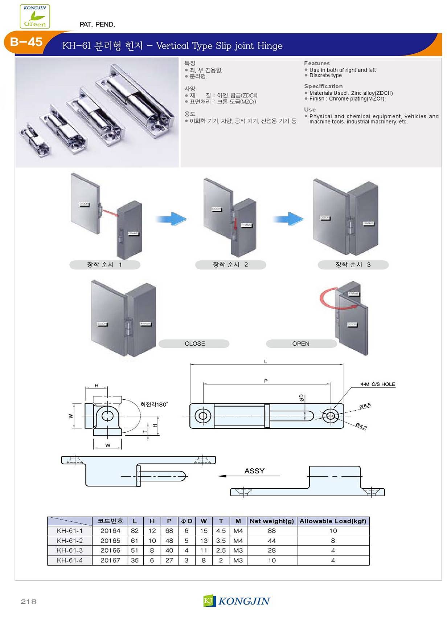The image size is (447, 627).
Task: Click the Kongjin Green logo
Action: [35, 16]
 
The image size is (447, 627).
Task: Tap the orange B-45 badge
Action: [26, 42]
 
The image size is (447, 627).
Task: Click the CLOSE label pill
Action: [194, 343]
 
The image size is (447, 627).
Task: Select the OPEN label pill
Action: [301, 343]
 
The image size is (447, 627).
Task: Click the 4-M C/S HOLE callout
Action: [377, 384]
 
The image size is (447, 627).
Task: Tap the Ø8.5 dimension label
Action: [365, 406]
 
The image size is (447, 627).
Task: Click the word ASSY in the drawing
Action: [254, 471]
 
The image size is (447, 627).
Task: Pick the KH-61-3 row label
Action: [70, 550]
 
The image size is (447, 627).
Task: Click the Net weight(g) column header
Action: [271, 521]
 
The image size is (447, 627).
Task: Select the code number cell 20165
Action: [110, 541]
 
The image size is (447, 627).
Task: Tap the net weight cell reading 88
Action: [271, 531]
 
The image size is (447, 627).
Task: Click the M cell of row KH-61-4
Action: [238, 560]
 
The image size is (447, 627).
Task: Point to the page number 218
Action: [29, 602]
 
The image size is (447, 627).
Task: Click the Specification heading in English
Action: [323, 86]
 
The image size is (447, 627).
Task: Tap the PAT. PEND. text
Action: [97, 25]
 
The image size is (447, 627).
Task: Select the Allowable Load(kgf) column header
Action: [333, 521]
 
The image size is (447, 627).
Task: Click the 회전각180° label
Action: [154, 404]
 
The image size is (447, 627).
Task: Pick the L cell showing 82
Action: [135, 531]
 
